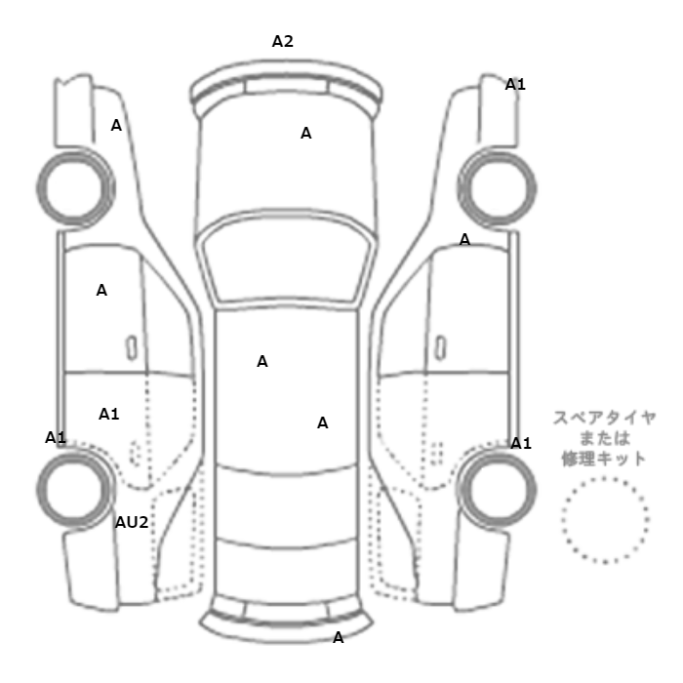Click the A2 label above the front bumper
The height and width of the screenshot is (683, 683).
pos(283,41)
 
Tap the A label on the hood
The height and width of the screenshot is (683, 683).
pos(305,133)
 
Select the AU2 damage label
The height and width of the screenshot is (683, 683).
pos(132,522)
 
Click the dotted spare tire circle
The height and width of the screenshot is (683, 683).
pos(605,478)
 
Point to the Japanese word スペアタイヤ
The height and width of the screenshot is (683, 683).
pos(605,418)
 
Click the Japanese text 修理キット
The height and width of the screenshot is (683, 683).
pos(604,459)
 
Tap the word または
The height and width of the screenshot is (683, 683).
pos(605,438)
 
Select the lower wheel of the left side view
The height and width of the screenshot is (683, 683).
pos(75,453)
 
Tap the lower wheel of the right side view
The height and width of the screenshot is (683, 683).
pos(497,453)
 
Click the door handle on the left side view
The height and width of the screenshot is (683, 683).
pos(132,348)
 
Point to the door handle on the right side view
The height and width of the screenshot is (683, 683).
pos(441,348)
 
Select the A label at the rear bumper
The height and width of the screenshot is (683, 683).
pos(338,638)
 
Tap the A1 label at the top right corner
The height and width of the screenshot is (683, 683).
pos(515,85)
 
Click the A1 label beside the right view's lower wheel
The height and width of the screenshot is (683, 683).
pos(521,443)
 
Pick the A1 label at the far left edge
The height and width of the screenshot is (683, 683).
pos(56,437)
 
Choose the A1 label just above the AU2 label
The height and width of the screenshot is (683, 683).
pos(109,414)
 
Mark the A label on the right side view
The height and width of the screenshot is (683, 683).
pos(464,239)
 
